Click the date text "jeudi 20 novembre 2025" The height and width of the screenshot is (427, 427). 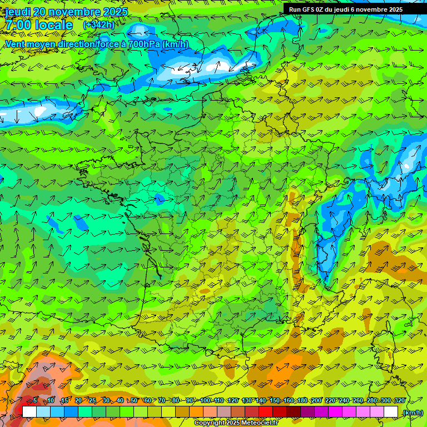click(67, 12)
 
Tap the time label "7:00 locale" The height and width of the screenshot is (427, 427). click(39, 25)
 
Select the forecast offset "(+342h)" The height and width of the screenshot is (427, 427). click(98, 25)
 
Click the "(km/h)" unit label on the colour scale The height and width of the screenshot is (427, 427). click(412, 412)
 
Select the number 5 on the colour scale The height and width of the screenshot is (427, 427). click(35, 401)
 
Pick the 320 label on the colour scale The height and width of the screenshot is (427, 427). click(399, 401)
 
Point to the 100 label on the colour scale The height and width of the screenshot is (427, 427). click(205, 401)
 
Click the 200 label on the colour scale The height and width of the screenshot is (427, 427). click(316, 401)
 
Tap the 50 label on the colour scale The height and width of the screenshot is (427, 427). click(134, 401)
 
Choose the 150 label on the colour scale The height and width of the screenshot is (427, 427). click(275, 401)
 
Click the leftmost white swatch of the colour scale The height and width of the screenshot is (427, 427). click(29, 412)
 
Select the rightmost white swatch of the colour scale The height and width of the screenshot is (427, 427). click(391, 412)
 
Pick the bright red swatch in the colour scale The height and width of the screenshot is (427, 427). click(266, 412)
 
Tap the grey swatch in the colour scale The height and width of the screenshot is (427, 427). click(224, 412)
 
